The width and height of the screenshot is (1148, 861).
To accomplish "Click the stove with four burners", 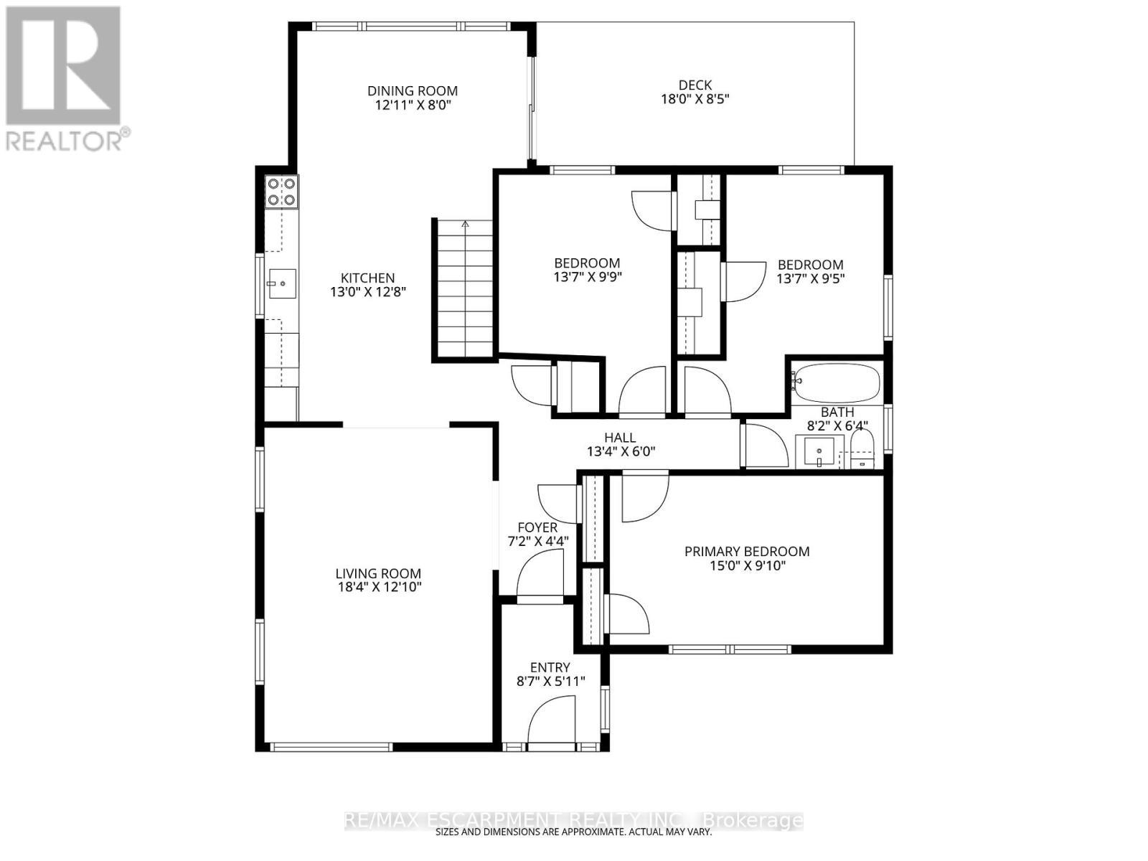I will tap(281, 192).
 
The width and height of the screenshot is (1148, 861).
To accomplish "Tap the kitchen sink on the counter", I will tap(281, 285).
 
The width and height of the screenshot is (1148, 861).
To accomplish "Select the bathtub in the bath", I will tap(837, 384).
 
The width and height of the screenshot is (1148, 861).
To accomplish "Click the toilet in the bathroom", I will tap(862, 450).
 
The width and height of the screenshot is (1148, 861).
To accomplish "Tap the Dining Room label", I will tap(413, 91).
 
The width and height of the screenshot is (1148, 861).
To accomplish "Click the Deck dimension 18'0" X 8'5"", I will tap(695, 100).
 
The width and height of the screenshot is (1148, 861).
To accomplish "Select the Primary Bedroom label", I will tap(747, 551).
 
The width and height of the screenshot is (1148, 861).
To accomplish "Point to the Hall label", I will tap(620, 438).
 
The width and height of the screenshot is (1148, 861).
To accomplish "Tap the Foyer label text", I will tap(537, 528).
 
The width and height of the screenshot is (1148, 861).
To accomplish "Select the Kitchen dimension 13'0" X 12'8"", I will tap(368, 293).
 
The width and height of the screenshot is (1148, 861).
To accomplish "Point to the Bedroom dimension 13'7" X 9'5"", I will tap(811, 279).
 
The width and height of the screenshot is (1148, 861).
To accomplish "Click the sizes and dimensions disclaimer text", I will tap(574, 833).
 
